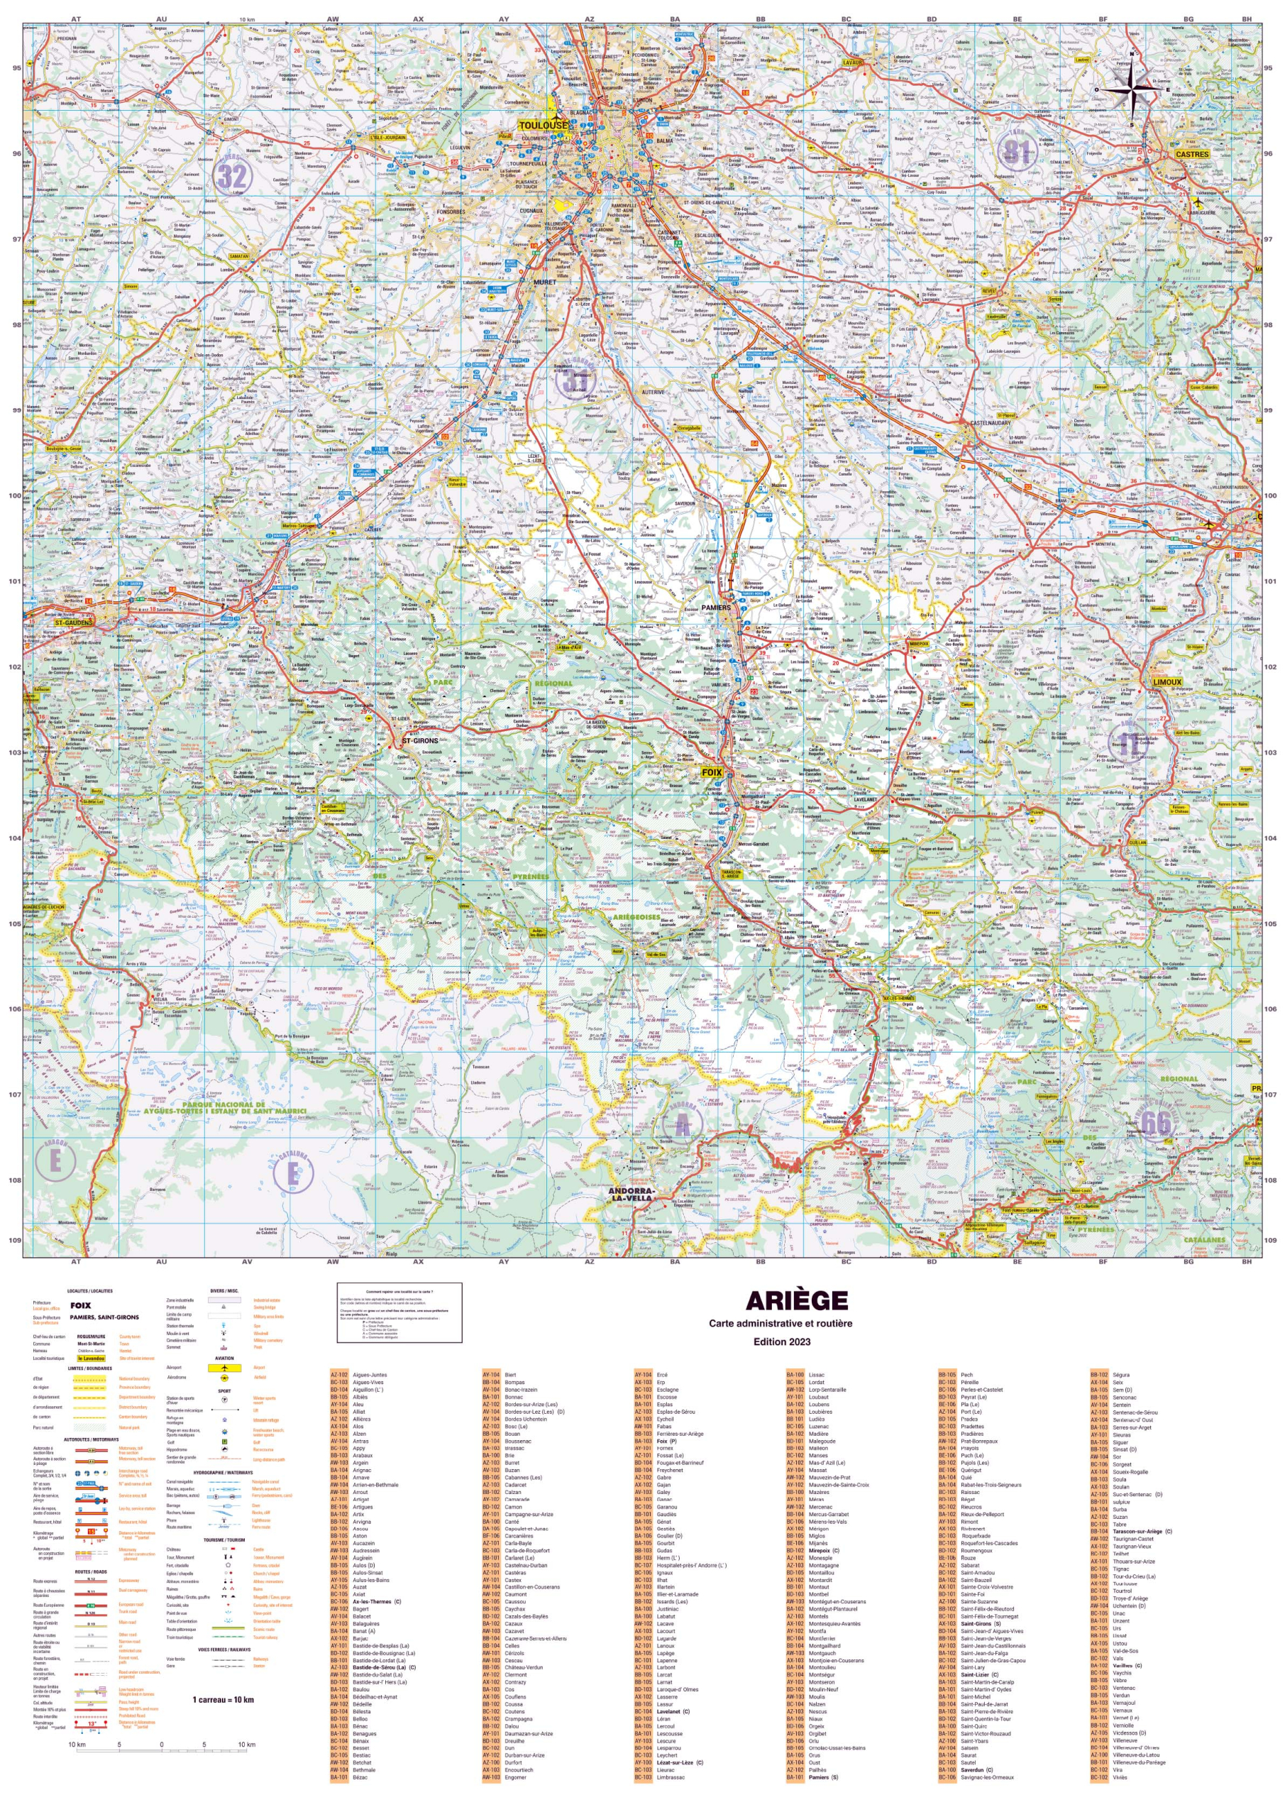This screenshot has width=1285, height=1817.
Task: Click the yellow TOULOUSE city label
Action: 544,125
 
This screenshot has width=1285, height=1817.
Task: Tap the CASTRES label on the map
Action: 1191,154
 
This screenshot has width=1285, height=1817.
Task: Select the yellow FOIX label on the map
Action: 712,772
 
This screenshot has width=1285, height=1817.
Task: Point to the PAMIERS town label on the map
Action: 716,608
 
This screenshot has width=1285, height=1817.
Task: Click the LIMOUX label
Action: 1167,682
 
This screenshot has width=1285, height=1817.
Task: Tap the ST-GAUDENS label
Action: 73,622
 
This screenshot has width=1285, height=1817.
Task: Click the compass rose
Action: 1132,89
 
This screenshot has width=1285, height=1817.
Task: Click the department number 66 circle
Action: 1155,1122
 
